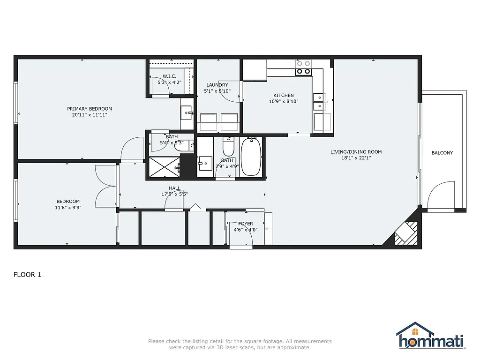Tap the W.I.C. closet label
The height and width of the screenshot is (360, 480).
(169, 76)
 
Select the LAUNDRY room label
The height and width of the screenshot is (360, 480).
(217, 85)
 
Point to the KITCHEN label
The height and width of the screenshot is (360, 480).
(284, 95)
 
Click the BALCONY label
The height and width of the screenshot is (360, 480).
(442, 153)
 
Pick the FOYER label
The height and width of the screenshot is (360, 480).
(246, 224)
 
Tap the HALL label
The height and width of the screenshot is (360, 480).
(175, 188)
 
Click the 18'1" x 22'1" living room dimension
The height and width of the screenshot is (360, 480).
(356, 158)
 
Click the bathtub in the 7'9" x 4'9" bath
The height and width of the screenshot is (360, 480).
(252, 157)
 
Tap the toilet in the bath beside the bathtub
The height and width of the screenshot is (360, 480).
(228, 147)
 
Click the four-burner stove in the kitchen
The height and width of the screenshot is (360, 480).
(303, 67)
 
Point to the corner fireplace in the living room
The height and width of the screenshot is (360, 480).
(405, 232)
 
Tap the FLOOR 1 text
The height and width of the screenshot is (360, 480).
(27, 275)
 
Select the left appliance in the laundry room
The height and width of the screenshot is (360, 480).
(209, 122)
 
